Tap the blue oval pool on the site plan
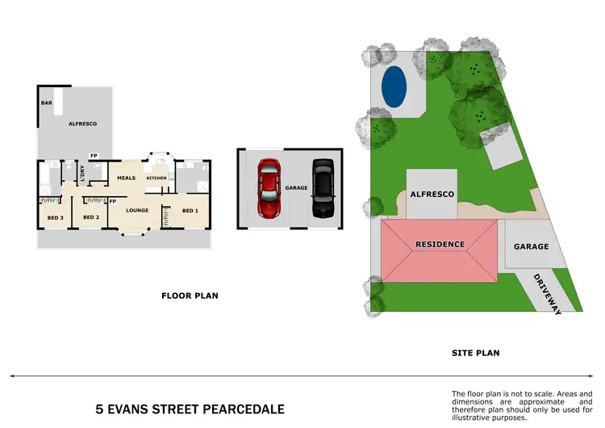394,86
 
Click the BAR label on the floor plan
47,103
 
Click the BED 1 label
190,211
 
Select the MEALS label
126,178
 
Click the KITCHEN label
156,178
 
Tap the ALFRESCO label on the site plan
432,195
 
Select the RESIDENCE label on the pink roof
440,244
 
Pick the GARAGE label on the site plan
532,246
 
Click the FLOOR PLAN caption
190,296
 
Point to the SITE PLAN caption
475,353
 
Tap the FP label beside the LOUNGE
112,201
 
